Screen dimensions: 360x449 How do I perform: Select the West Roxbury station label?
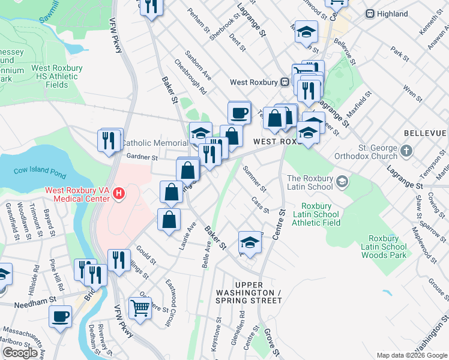point(262,82)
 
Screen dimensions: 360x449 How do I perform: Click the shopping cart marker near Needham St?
point(140,308)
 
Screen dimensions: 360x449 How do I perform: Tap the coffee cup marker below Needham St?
point(60,316)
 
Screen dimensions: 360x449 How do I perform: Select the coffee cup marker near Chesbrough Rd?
point(239,112)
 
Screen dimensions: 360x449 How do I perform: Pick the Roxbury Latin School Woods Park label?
point(384,247)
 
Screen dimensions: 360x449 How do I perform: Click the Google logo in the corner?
point(20,353)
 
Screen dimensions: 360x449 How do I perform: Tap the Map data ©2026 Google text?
point(412,355)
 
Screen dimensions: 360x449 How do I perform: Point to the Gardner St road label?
point(142,158)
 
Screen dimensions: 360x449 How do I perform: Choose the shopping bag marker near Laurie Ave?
point(169,219)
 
